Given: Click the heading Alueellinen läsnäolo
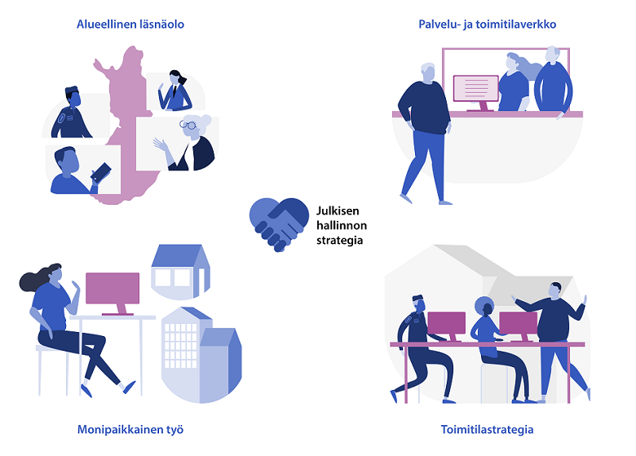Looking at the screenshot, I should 130,24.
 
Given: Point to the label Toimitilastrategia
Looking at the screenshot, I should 487,428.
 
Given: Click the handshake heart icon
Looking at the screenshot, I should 273,223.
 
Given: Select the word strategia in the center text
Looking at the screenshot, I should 340,241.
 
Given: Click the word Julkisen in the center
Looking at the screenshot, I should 336,210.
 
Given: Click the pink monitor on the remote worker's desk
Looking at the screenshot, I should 113,290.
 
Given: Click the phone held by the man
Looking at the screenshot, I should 103,172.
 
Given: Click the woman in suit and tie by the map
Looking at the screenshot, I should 175,91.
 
